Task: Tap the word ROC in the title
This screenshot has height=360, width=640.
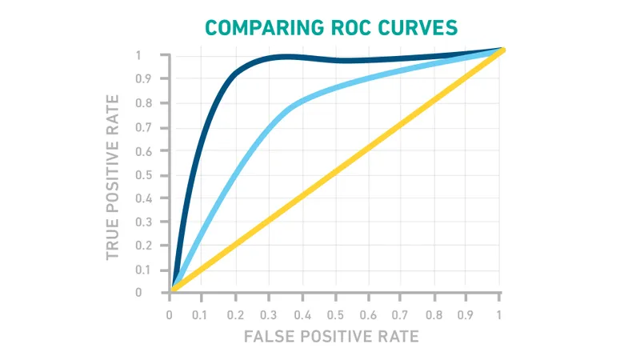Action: (x=345, y=27)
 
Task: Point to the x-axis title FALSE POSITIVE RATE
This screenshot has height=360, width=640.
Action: (x=331, y=336)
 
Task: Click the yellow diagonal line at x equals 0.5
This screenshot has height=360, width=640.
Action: (x=335, y=170)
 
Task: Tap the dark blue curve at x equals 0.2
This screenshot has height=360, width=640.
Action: (x=236, y=73)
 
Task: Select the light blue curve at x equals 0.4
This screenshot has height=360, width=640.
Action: (x=302, y=103)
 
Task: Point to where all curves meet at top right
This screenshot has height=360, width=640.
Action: (x=501, y=50)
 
